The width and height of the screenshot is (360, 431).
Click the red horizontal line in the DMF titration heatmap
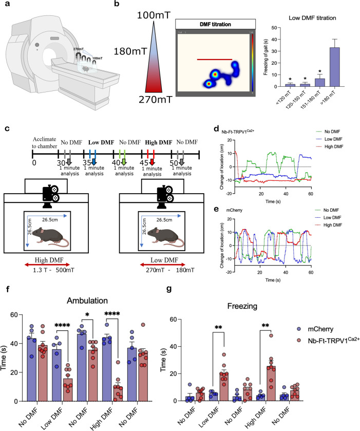[x=214, y=60]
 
